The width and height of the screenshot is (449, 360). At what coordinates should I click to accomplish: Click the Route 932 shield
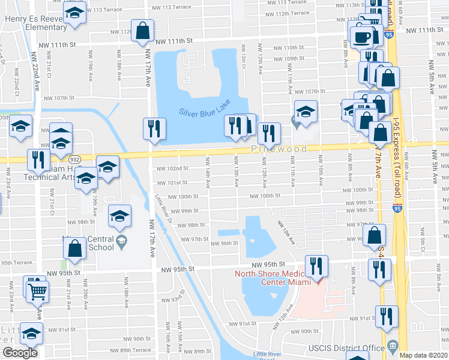pyautogui.click(x=74, y=160)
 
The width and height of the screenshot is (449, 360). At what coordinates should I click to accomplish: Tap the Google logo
pyautogui.click(x=20, y=353)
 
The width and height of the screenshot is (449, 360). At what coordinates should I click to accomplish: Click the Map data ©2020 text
pyautogui.click(x=424, y=355)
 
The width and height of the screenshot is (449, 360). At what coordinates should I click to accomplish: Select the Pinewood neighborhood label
pyautogui.click(x=279, y=149)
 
